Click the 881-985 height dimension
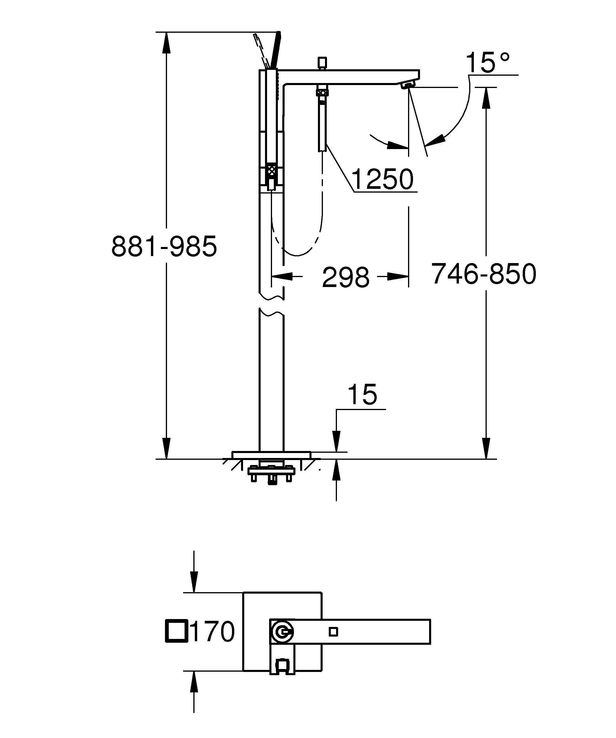(164, 246)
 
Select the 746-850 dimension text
(483, 274)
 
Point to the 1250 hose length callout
(383, 179)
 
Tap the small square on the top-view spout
(333, 632)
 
